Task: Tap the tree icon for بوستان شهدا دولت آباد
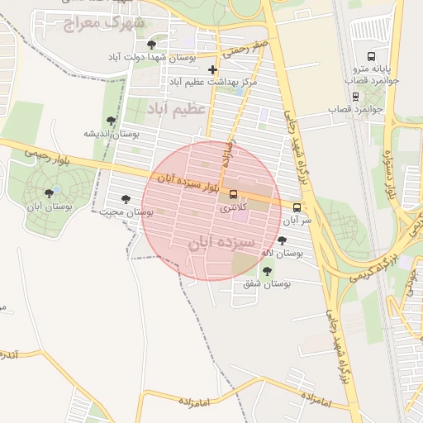(150, 45)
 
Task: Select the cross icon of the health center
(213, 69)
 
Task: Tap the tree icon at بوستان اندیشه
(112, 121)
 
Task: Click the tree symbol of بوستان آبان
(49, 194)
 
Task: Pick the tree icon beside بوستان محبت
(126, 199)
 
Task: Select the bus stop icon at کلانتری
(234, 196)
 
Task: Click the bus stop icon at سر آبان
(297, 207)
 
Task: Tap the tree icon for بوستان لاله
(283, 240)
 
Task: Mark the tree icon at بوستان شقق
(266, 270)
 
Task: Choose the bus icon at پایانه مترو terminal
(371, 58)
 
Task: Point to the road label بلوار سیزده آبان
(188, 184)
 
